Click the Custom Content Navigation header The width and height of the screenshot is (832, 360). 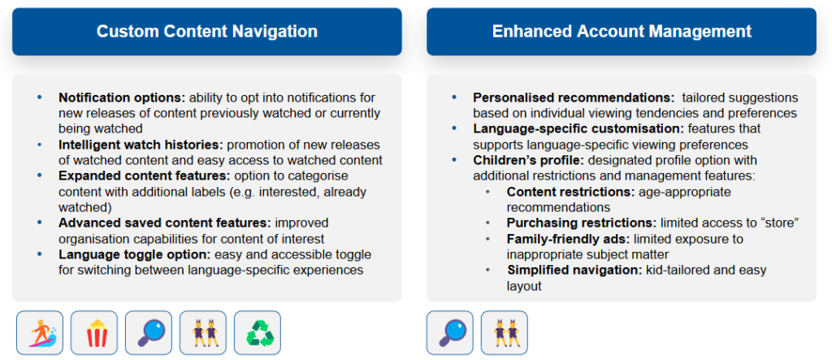207,32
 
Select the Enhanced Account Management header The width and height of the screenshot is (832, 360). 622,32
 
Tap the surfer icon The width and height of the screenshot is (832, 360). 40,333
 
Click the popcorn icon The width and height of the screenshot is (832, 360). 94,333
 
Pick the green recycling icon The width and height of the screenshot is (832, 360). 258,333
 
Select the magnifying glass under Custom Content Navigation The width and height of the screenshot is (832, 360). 149,333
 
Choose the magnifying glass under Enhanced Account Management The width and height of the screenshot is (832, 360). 449,333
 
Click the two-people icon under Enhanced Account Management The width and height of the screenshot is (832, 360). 504,333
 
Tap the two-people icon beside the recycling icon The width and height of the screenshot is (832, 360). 202,333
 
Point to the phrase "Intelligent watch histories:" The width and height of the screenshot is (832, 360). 136,145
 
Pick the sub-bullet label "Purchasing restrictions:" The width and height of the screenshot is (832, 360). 581,223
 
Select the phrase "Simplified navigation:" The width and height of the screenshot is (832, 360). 574,270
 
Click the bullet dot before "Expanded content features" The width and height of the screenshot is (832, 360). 39,176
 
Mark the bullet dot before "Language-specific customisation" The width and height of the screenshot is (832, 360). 454,129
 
